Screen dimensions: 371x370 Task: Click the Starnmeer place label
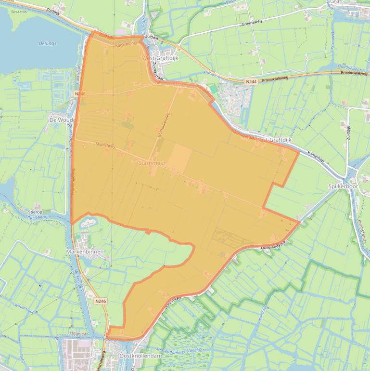[152, 163]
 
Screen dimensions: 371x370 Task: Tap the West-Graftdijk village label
[160, 58]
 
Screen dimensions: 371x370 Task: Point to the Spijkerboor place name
[344, 186]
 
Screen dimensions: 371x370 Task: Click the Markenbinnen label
[85, 252]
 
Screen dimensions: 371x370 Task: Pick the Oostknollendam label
[140, 355]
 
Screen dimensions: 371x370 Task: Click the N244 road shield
[251, 82]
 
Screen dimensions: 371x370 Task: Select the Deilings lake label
[47, 43]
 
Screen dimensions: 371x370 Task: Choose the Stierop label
[35, 212]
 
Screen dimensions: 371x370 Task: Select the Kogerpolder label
[127, 44]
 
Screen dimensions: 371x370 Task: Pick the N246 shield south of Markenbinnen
[100, 301]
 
